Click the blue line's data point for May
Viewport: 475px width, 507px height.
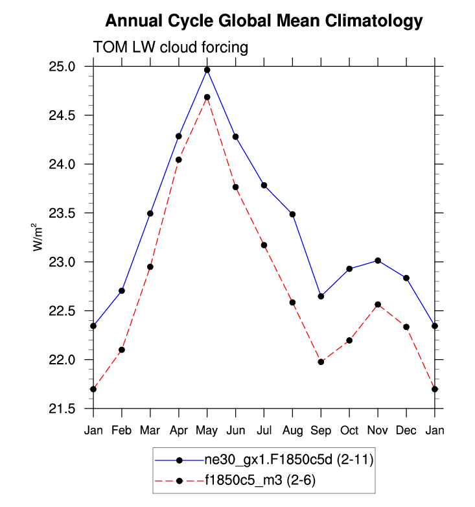(207, 70)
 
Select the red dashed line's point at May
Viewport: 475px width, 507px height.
(207, 97)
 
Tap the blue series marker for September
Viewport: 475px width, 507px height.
(321, 296)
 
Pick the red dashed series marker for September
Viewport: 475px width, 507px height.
(321, 362)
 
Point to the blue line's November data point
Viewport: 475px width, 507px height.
(378, 261)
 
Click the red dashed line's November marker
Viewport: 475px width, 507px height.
(378, 305)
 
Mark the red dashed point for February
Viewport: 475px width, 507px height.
(122, 350)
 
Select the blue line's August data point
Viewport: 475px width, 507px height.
(292, 214)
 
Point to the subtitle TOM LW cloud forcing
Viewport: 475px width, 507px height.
(171, 47)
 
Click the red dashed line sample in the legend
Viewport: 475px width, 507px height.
(179, 480)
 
